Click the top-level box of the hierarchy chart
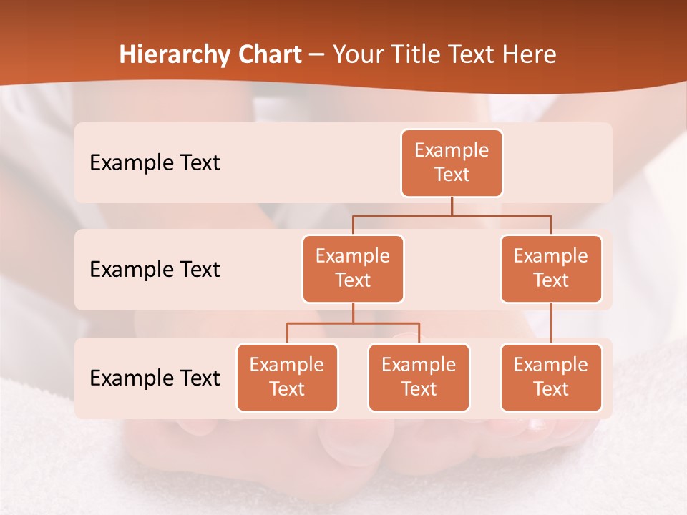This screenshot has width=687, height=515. coord(452,163)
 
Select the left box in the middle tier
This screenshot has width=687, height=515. coord(353,269)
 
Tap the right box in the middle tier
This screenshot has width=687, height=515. coord(551,269)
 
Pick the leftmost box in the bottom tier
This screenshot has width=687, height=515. coord(287,378)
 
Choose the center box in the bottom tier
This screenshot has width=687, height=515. coord(419,378)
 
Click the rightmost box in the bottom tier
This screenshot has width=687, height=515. coord(551,378)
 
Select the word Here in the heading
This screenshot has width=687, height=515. coord(530,55)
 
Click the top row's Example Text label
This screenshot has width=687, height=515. coord(155,163)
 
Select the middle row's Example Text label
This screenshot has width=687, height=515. coord(155,270)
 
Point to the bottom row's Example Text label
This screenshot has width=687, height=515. coord(155,378)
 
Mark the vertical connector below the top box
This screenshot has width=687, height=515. coord(452,206)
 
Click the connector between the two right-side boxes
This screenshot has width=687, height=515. coord(551,323)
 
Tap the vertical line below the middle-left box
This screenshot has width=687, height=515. coord(353,313)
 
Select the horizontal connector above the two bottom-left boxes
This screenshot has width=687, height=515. coord(353,323)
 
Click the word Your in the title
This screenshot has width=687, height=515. coord(358,55)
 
